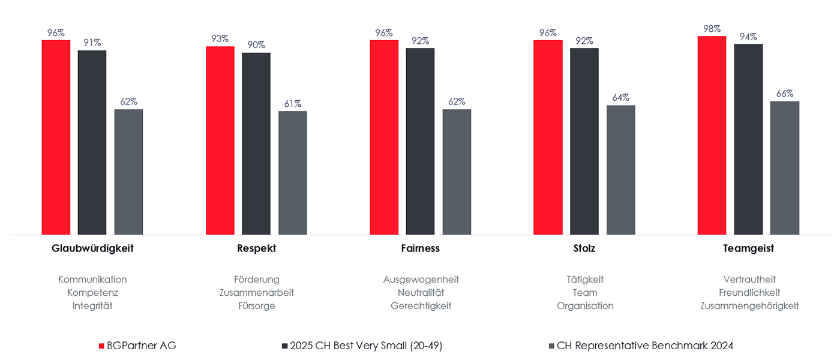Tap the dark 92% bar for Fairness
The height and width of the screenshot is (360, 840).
tap(420, 141)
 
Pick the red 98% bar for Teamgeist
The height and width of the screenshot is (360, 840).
tap(712, 135)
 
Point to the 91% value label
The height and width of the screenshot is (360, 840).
tap(92, 43)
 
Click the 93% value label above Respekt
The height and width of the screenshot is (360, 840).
tap(220, 38)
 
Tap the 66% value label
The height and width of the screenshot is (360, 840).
tap(785, 94)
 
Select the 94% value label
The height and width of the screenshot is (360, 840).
tap(748, 37)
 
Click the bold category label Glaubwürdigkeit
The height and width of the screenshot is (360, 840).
tap(92, 248)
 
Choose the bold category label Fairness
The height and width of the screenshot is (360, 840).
tap(420, 248)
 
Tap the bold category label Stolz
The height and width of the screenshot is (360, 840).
tap(584, 248)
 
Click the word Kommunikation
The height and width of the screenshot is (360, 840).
tap(92, 280)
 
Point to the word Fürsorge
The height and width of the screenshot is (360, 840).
tap(256, 306)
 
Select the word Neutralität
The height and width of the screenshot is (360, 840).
tap(421, 293)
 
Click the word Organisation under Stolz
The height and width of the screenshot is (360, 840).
tap(585, 306)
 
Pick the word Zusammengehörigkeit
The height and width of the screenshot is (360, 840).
tap(749, 306)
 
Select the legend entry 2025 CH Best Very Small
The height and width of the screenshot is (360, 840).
tap(365, 346)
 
